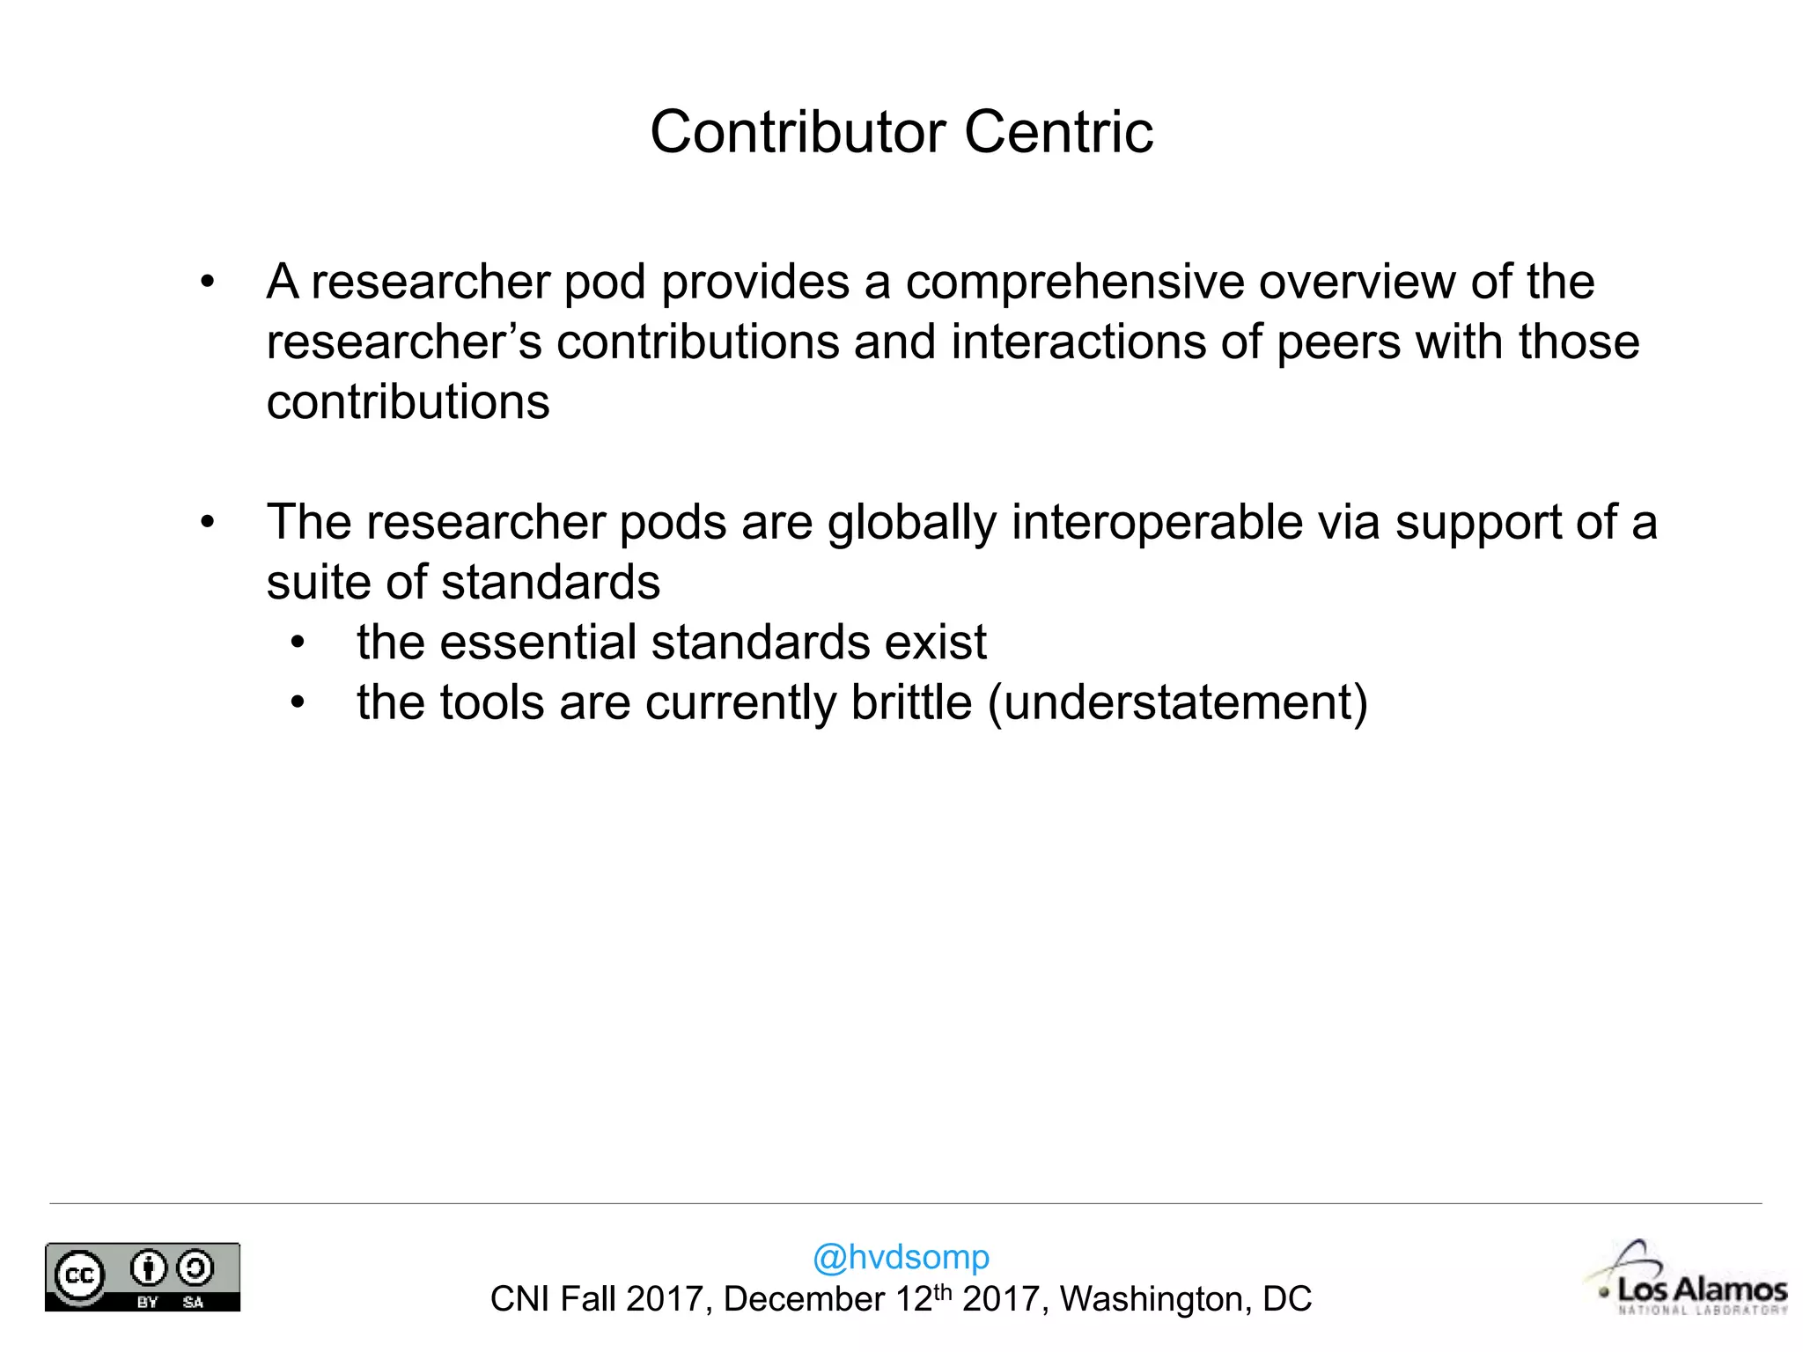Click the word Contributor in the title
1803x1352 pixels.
(x=798, y=132)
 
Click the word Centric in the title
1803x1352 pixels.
(x=1058, y=132)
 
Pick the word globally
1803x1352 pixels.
(x=911, y=524)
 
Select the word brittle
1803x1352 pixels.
(x=911, y=702)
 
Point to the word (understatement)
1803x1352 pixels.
(x=1178, y=704)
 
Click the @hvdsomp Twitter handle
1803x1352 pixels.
(x=901, y=1257)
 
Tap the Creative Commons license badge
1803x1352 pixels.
(x=143, y=1276)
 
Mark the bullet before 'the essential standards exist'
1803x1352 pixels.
(x=298, y=643)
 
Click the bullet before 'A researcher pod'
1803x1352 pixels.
(x=207, y=283)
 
